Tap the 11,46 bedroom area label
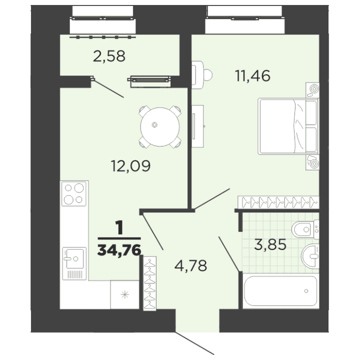click(x=252, y=76)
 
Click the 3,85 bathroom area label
click(x=270, y=246)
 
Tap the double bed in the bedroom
click(x=287, y=126)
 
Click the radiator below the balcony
click(x=149, y=78)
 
